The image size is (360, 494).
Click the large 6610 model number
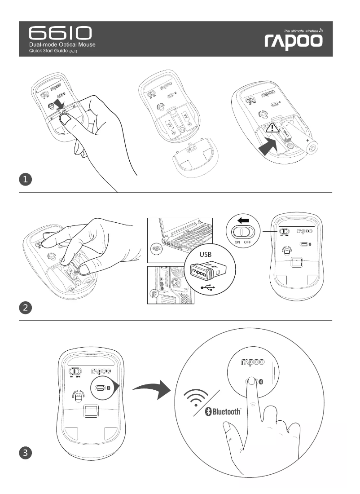(61, 33)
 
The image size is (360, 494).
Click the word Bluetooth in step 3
(227, 412)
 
